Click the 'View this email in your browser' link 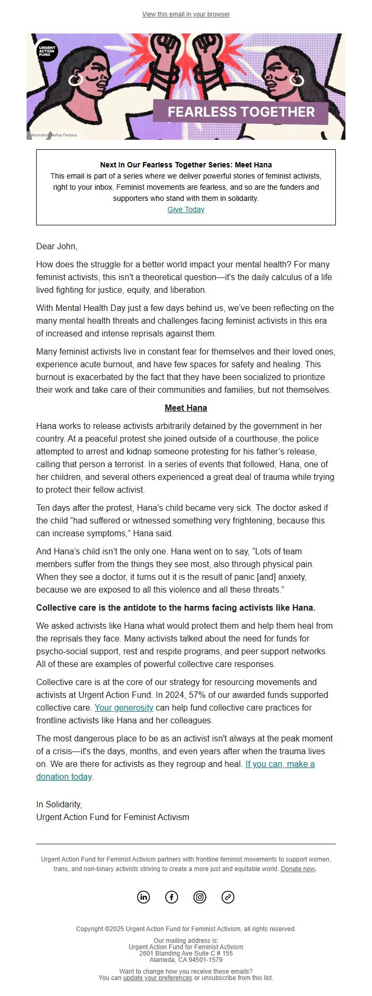tap(186, 14)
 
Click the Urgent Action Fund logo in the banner tap(47, 51)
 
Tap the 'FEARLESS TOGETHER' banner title tap(241, 112)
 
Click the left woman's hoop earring tap(75, 80)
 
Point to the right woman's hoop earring tap(297, 80)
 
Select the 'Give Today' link tap(186, 209)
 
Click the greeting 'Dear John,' tap(57, 246)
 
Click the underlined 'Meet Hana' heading tap(186, 408)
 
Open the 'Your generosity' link tap(124, 707)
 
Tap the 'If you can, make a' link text tap(280, 764)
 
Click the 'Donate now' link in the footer tap(298, 869)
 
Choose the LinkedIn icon tap(143, 897)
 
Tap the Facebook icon tap(172, 897)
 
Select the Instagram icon tap(200, 897)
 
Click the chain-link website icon tap(228, 897)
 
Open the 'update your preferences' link tap(158, 978)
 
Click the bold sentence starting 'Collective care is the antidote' tap(176, 607)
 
